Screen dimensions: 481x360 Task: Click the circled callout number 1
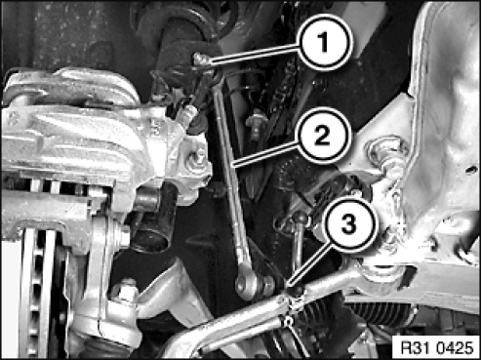coord(323,43)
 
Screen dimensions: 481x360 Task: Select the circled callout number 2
coord(323,136)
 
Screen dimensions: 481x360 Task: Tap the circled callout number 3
coord(349,224)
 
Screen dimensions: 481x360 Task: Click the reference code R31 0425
coord(437,347)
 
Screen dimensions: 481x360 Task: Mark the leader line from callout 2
coord(267,153)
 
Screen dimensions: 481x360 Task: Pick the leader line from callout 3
coord(310,265)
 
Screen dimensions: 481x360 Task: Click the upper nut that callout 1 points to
coord(202,60)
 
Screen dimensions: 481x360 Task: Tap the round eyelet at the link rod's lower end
coord(245,285)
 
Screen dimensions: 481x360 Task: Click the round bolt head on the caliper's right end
coord(197,159)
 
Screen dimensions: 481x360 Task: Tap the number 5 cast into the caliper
coord(156,128)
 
